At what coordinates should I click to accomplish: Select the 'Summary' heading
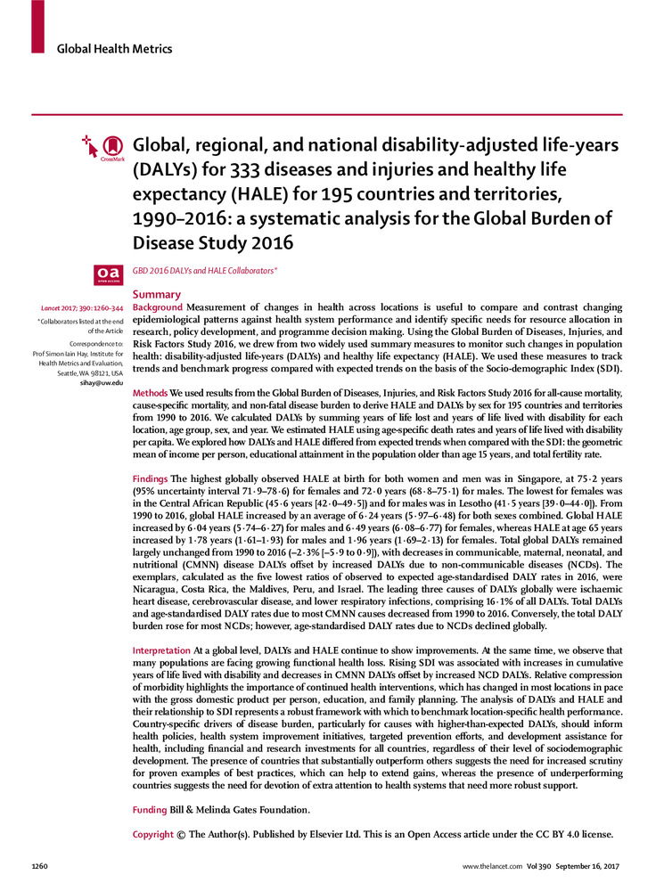click(x=156, y=294)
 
